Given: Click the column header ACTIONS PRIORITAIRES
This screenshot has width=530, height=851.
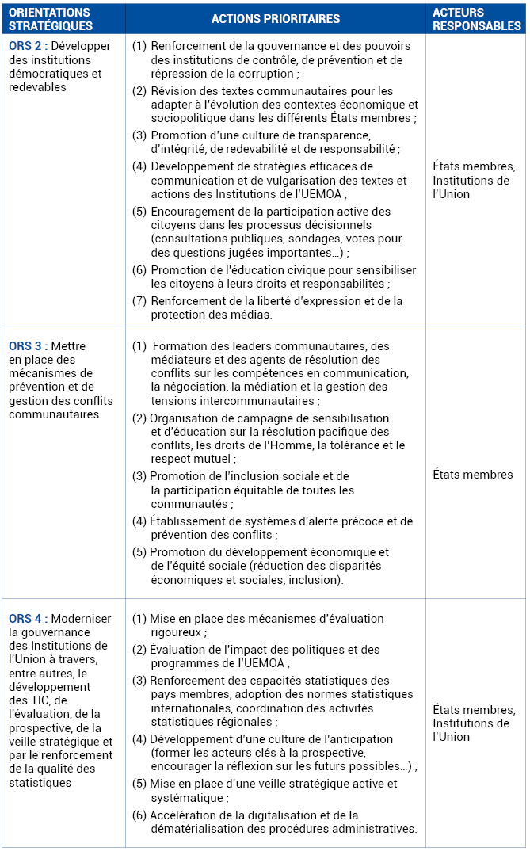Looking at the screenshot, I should click(276, 19).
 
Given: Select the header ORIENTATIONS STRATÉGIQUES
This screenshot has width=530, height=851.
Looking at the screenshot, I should click(49, 19).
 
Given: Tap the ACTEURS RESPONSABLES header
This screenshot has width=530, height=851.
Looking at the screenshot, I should click(476, 19).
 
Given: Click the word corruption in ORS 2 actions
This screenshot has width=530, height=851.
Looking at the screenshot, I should click(265, 74).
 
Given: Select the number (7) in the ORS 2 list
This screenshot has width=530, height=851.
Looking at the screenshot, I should click(139, 301).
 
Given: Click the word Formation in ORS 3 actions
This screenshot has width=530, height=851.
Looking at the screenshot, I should click(178, 346).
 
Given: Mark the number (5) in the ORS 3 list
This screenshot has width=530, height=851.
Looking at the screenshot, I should click(139, 552).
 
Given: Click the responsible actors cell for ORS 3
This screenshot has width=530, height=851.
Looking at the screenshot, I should click(473, 475).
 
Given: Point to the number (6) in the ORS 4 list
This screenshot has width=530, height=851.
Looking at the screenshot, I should click(139, 815).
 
